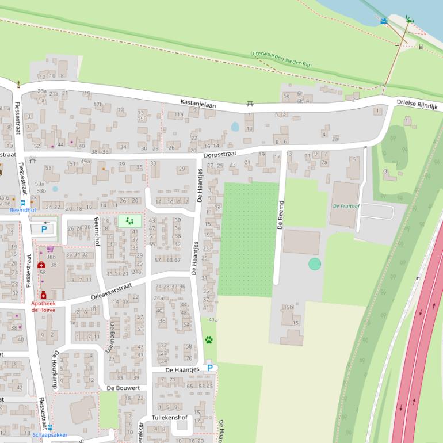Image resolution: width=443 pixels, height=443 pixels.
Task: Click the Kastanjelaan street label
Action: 198,102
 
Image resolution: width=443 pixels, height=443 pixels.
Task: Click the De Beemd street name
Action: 281,215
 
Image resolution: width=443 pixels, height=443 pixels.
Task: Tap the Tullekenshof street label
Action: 170,417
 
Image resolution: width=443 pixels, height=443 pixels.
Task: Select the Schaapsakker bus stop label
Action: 49,435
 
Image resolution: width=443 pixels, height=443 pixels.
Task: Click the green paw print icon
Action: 208,340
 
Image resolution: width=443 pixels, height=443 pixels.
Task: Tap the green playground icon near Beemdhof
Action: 129,221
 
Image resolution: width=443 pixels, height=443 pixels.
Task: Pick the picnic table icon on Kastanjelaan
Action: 250,104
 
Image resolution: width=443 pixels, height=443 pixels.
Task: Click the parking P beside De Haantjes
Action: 210,368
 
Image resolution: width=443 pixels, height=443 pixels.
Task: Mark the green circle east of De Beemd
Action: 314,264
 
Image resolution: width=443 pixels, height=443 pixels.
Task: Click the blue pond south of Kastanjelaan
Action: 235,127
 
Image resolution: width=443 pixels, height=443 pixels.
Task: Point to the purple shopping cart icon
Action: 50,249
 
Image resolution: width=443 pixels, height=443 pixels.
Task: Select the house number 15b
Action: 288,307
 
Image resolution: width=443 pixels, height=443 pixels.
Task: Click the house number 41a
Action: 213,319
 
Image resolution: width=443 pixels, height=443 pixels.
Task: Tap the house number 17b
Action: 98,104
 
